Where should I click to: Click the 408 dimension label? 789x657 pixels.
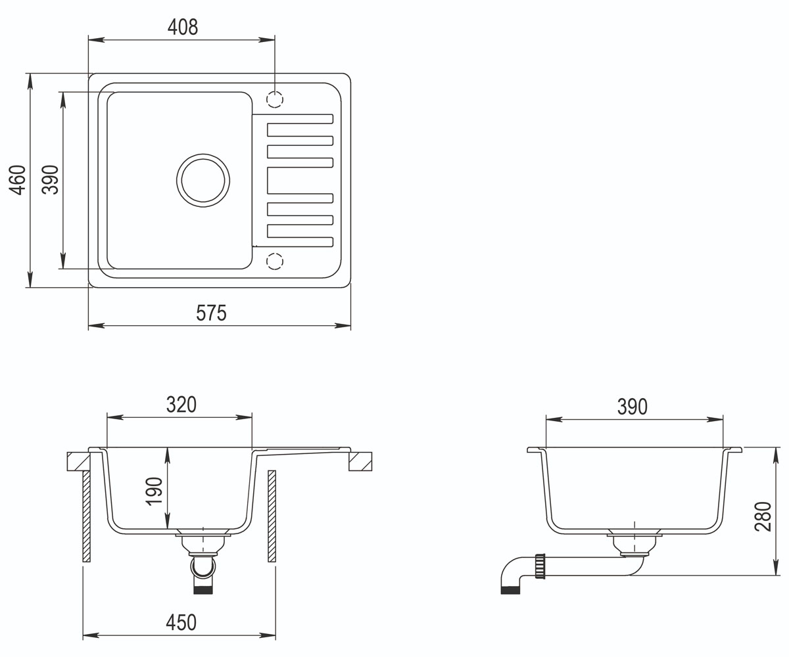click(x=183, y=27)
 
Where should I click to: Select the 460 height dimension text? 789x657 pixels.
click(x=18, y=180)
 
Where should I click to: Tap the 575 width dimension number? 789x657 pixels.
click(x=211, y=313)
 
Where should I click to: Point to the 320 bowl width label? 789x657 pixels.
click(x=181, y=405)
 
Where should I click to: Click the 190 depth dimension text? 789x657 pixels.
click(x=154, y=491)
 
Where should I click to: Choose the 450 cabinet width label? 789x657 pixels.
click(x=181, y=623)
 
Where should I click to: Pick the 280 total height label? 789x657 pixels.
click(x=763, y=517)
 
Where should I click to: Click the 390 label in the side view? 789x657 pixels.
click(x=633, y=407)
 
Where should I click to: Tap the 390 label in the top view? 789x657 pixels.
click(x=50, y=180)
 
